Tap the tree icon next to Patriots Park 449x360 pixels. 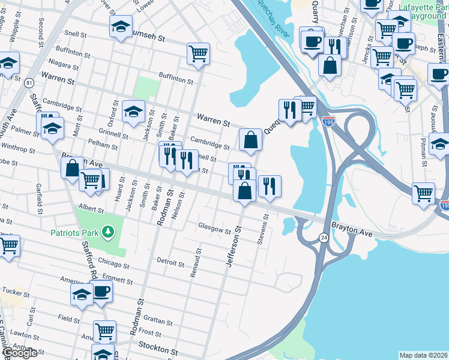108,231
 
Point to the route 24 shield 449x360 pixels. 324,238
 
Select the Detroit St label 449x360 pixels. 170,262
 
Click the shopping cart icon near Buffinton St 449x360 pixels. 198,53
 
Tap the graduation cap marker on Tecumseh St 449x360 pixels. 121,26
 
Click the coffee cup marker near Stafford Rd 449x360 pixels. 101,291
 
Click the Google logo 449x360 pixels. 19,353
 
